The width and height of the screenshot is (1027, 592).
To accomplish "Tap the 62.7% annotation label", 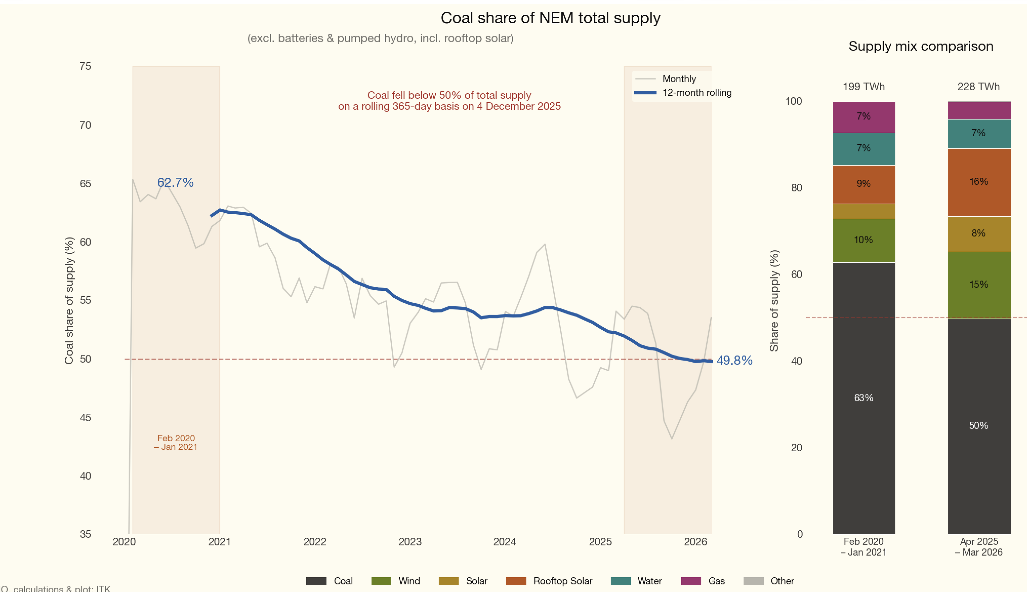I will coord(175,183).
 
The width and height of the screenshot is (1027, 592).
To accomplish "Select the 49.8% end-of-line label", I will coord(734,360).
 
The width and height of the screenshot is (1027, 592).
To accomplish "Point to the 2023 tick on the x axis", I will coord(410,542).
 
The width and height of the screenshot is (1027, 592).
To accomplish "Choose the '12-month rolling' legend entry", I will coord(697,93).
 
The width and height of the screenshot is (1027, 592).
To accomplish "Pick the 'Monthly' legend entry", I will coord(679,79).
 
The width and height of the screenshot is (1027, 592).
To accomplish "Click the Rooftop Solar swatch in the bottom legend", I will coord(516,581).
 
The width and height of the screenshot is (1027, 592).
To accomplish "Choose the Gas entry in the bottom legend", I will coord(716,581).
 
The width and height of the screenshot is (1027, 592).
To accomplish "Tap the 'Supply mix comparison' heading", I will coord(920,46).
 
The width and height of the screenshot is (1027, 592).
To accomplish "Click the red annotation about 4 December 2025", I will coord(449,101).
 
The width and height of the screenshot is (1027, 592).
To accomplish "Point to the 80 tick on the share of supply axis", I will coord(796,188).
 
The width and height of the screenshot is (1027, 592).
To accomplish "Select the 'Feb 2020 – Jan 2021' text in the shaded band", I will coord(176,442).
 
